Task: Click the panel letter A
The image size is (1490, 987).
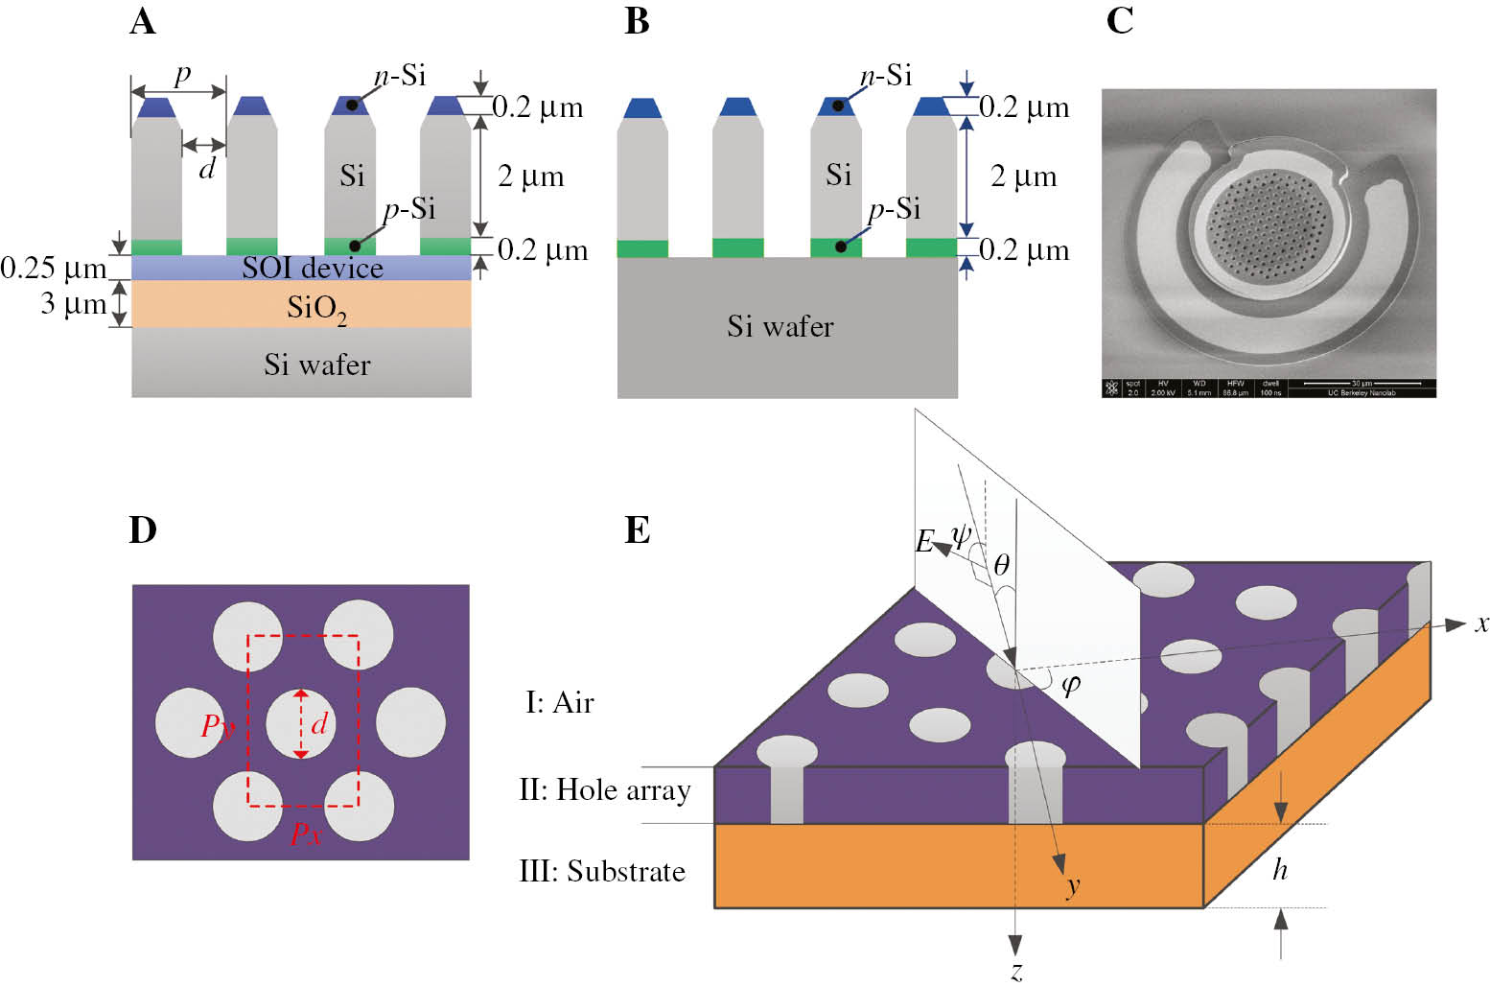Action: (142, 20)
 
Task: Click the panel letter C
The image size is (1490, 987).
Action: (1119, 20)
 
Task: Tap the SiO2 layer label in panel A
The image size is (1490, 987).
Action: (316, 308)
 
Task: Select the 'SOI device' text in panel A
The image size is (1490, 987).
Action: (312, 268)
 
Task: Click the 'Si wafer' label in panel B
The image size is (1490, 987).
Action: (780, 327)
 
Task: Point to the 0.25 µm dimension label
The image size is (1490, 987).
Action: (53, 269)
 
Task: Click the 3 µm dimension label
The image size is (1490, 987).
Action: (73, 304)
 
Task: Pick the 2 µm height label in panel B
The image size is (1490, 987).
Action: (1023, 176)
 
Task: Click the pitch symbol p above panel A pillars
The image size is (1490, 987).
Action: (181, 74)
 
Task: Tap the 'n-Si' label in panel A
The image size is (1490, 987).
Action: (400, 75)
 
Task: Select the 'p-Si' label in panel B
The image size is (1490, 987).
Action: (894, 208)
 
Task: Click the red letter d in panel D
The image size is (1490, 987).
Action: (319, 723)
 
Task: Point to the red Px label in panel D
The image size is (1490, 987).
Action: (305, 833)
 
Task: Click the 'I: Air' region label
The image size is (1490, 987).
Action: (559, 702)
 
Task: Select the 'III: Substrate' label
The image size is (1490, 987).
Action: (602, 871)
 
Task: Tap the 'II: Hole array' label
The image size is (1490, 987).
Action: (604, 789)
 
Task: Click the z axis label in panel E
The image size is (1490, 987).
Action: (1016, 970)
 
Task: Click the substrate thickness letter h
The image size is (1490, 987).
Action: (1280, 869)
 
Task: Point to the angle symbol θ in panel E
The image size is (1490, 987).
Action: (1001, 565)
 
